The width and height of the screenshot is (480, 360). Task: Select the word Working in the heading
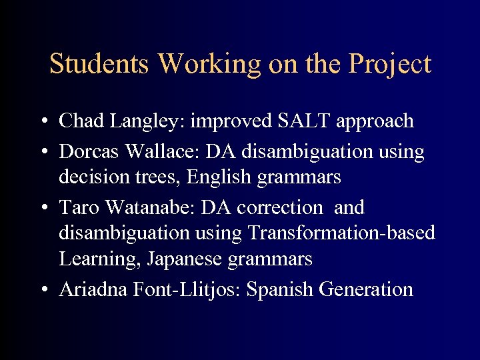(211, 65)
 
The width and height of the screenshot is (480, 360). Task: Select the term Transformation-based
(341, 233)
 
